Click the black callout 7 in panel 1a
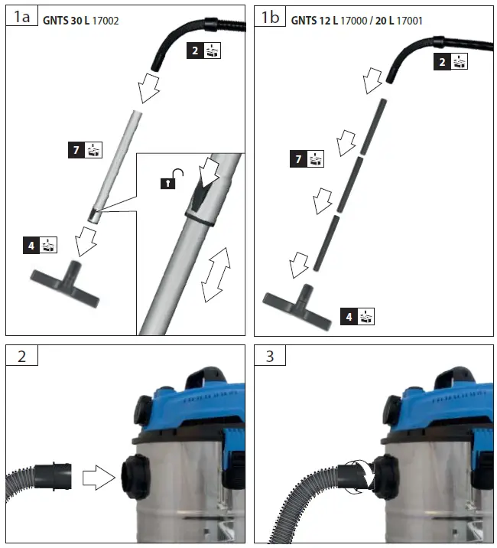point(75,150)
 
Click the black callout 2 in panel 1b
point(441,63)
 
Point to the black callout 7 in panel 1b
point(300,158)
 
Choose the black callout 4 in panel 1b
point(349,315)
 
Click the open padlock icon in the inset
point(167,183)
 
